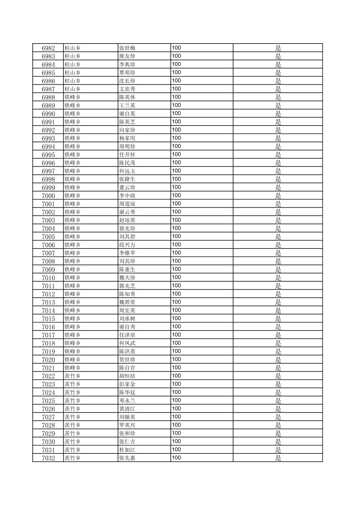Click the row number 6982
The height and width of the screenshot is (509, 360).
[x=48, y=48]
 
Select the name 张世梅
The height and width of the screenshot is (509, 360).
[x=127, y=48]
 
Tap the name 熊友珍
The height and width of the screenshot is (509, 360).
[x=127, y=56]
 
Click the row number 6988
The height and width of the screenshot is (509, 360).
[x=48, y=97]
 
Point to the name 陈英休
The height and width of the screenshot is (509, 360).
[x=127, y=97]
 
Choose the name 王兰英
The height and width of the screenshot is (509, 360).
[x=127, y=105]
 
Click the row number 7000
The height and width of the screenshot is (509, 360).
[x=48, y=196]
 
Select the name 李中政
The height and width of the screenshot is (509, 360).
[x=127, y=196]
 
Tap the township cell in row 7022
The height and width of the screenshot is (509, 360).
[x=73, y=376]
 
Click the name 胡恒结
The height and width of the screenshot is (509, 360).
[x=127, y=376]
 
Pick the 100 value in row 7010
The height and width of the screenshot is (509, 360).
[x=176, y=277]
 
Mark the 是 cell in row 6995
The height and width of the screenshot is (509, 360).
[x=278, y=155]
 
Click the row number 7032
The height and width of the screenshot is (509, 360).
[x=48, y=458]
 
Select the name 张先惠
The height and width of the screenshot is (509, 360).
[x=127, y=458]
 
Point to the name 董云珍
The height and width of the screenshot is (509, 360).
[x=127, y=188]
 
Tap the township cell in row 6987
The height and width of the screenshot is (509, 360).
[x=73, y=89]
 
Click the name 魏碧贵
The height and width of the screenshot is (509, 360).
[x=127, y=302]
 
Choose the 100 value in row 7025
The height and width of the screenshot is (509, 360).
[x=176, y=400]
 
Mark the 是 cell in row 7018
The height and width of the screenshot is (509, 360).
[x=278, y=343]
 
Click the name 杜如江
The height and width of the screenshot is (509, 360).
[x=127, y=450]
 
